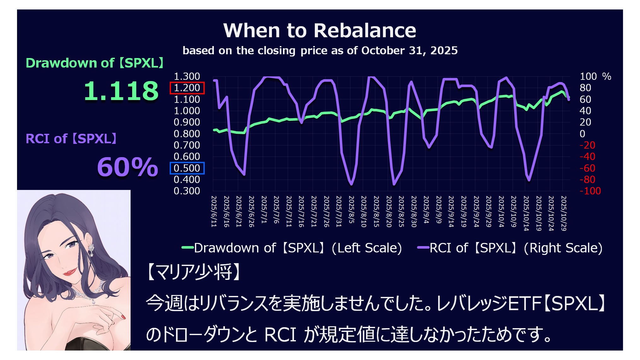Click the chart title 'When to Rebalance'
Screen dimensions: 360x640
point(320,31)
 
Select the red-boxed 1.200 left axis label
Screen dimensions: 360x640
point(187,88)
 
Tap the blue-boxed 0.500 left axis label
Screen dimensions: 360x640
point(187,168)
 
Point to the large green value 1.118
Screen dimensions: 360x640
point(121,91)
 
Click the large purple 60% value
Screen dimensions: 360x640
point(127,167)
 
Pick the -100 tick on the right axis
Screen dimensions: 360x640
point(590,191)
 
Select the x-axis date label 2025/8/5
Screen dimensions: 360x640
point(351,210)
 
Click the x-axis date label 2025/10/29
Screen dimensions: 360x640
point(564,213)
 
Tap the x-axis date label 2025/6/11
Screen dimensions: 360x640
point(214,211)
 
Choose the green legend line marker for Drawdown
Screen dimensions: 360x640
point(188,248)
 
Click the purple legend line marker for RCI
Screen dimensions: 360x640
point(423,248)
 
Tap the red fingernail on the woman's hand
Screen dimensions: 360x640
point(123,316)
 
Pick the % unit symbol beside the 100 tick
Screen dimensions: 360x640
point(606,76)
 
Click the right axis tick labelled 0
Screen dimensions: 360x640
point(582,134)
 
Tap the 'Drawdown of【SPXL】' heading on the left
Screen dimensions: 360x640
point(95,63)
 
